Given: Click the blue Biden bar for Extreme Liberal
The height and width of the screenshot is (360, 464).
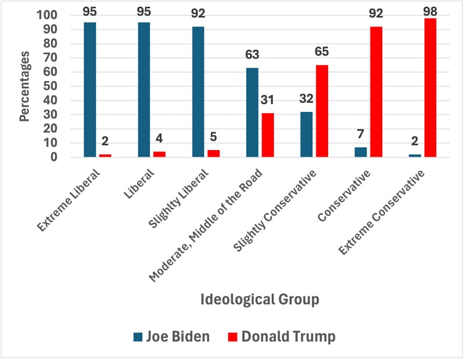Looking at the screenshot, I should click(90, 90).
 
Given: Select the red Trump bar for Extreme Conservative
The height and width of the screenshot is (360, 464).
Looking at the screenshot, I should click(430, 88).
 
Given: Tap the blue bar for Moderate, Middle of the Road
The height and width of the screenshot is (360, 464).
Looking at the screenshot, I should click(252, 113).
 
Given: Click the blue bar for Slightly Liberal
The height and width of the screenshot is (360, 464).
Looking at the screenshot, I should click(198, 92).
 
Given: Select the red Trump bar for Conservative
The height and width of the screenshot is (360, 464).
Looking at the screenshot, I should click(376, 92).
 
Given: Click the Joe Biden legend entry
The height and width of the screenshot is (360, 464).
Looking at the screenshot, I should click(172, 337).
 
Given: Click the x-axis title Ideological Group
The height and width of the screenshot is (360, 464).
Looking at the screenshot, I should click(260, 300).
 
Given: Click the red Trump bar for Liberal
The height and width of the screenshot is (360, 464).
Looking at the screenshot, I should click(159, 154).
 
